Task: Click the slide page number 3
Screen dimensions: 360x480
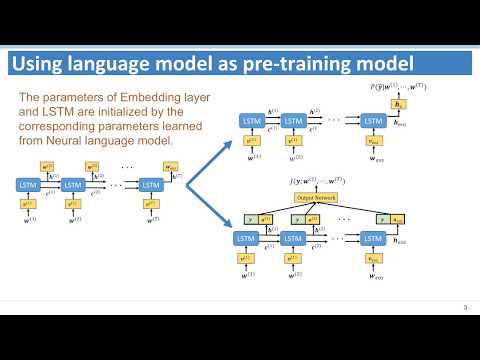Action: click(465, 306)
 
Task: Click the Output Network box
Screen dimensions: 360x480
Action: click(316, 199)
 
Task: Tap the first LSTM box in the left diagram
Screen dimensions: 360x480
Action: click(29, 186)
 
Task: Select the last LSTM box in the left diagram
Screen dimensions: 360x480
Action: click(150, 186)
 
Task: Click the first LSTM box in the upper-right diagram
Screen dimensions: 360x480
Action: click(250, 121)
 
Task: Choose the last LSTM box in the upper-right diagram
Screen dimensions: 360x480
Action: click(372, 121)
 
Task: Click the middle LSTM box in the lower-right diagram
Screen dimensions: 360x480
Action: click(293, 238)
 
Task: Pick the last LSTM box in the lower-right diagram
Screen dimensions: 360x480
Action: click(372, 238)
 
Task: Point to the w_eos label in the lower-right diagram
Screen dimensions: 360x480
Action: click(372, 276)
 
